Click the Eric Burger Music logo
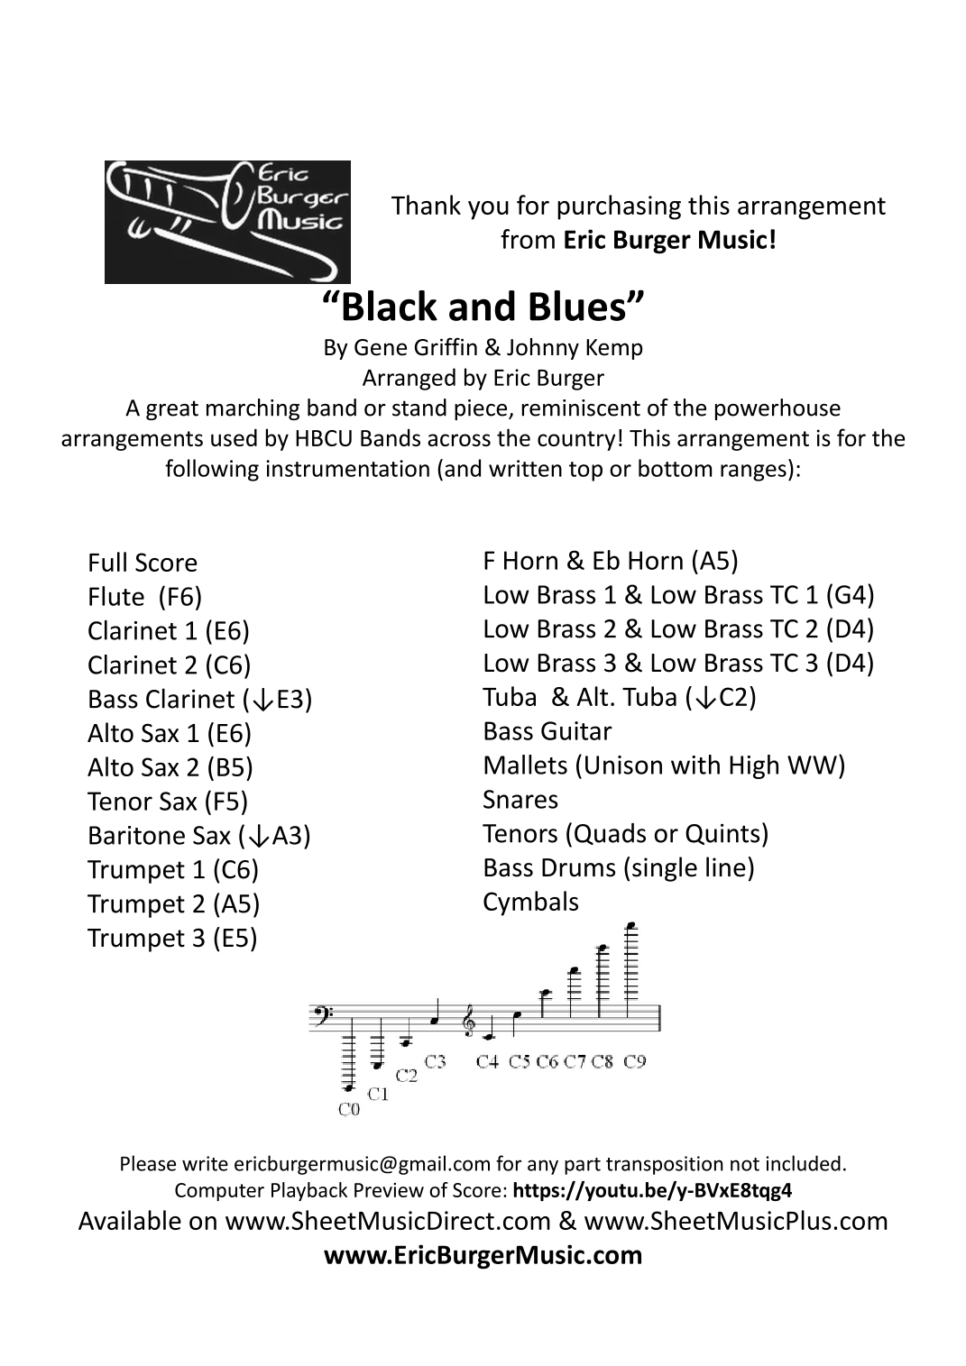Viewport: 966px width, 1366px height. pos(227,222)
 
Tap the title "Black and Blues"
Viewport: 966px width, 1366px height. pos(483,307)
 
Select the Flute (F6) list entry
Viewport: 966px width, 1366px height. pos(144,597)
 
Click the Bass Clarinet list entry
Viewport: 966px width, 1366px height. pos(199,700)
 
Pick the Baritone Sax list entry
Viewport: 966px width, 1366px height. pos(198,836)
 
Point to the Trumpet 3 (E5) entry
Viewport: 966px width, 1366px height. pos(172,939)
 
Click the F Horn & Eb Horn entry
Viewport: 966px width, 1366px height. pos(610,561)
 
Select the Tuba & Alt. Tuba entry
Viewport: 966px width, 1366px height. pos(619,697)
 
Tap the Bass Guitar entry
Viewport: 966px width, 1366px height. pos(547,731)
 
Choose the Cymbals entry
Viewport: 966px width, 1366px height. pos(530,902)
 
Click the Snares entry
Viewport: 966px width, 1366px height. pos(520,800)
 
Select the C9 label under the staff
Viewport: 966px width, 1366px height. pos(635,1061)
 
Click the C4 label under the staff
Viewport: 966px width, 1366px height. pos(487,1061)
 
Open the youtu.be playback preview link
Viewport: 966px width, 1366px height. pos(652,1190)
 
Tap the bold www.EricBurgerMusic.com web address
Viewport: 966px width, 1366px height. pos(483,1255)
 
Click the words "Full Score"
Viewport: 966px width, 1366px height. pos(143,563)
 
